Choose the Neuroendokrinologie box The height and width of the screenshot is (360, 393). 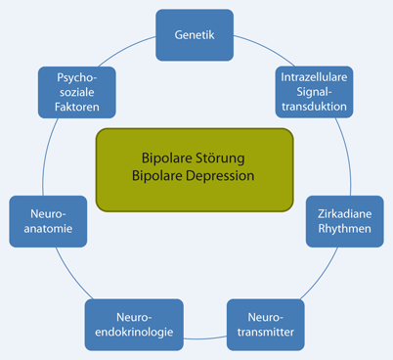click(x=134, y=324)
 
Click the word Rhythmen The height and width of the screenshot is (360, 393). click(x=345, y=231)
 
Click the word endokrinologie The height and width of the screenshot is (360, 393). click(x=134, y=334)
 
